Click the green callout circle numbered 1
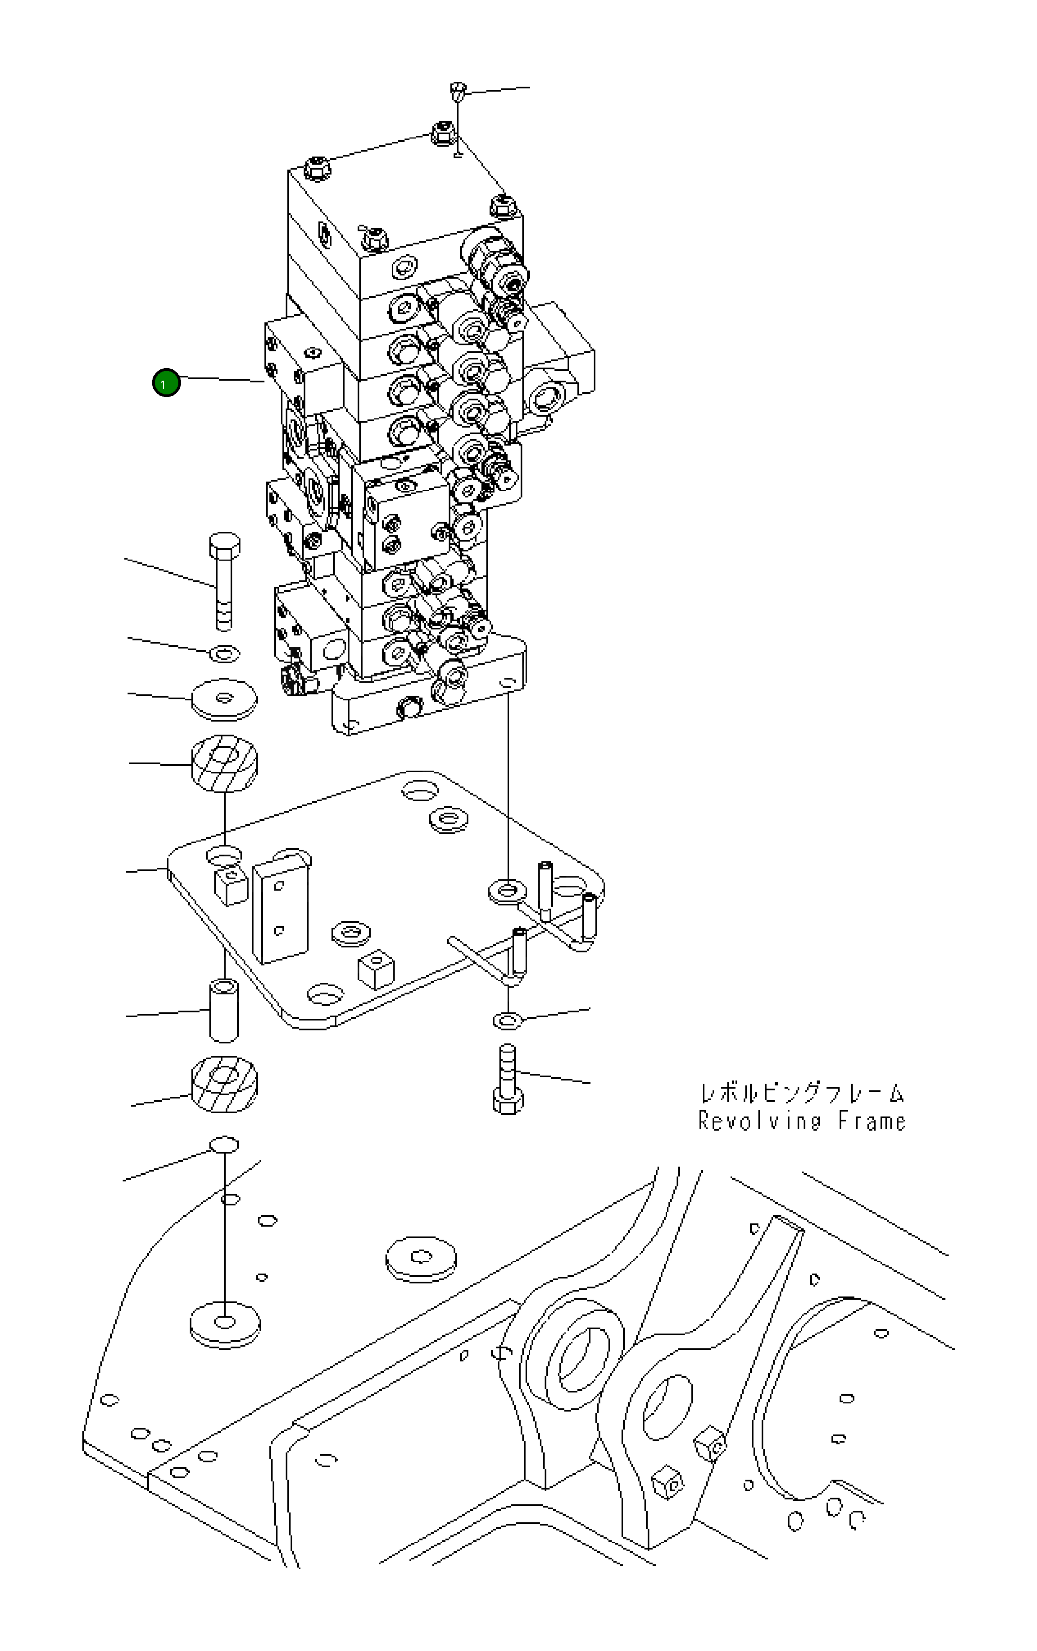click(x=166, y=383)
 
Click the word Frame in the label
click(x=872, y=1121)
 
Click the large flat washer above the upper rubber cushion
click(x=224, y=699)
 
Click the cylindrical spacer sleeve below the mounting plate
click(x=224, y=1010)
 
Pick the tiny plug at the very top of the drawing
click(x=457, y=90)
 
